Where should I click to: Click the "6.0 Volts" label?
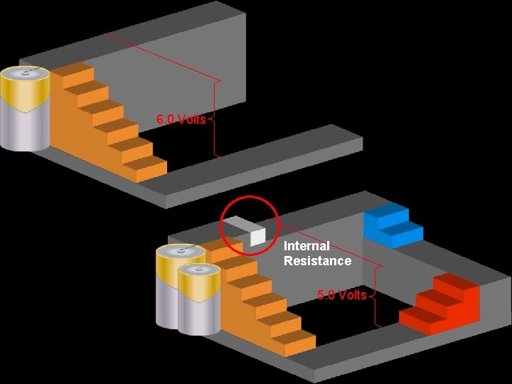181,119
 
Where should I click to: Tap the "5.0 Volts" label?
342,295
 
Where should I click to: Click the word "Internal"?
306,246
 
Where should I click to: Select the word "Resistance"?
317,261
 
